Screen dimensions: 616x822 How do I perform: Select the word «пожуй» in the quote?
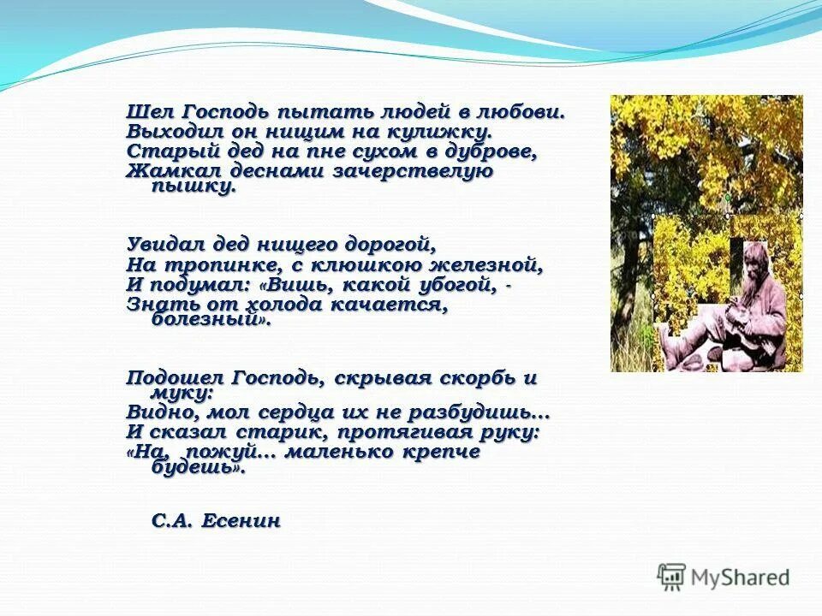tap(225, 453)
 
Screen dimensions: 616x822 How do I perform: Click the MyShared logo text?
tap(740, 577)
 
